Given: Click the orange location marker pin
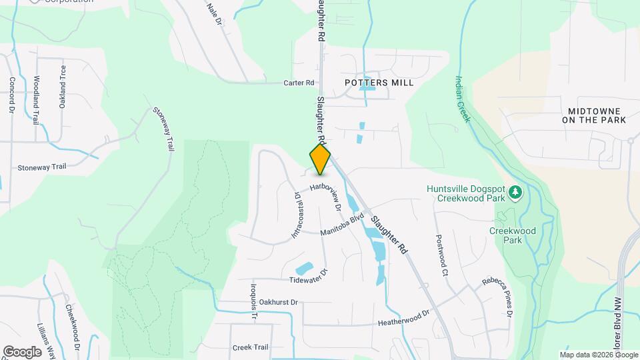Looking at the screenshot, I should (x=320, y=159).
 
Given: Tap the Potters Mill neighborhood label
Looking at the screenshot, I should (x=379, y=83).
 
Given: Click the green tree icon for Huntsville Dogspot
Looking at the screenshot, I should (x=515, y=193).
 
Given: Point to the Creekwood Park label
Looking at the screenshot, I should (x=521, y=235).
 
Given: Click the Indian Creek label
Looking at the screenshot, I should (x=463, y=97).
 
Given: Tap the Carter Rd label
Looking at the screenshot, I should (x=298, y=83).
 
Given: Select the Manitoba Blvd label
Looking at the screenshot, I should (x=342, y=225).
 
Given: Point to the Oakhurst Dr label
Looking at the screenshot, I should (x=278, y=302).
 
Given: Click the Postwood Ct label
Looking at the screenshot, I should (x=440, y=256).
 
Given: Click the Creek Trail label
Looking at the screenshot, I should (x=250, y=347).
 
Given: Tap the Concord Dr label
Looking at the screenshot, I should (x=11, y=94).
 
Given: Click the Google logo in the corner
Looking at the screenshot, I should (x=21, y=351).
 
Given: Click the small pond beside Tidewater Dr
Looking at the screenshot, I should (x=303, y=267).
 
